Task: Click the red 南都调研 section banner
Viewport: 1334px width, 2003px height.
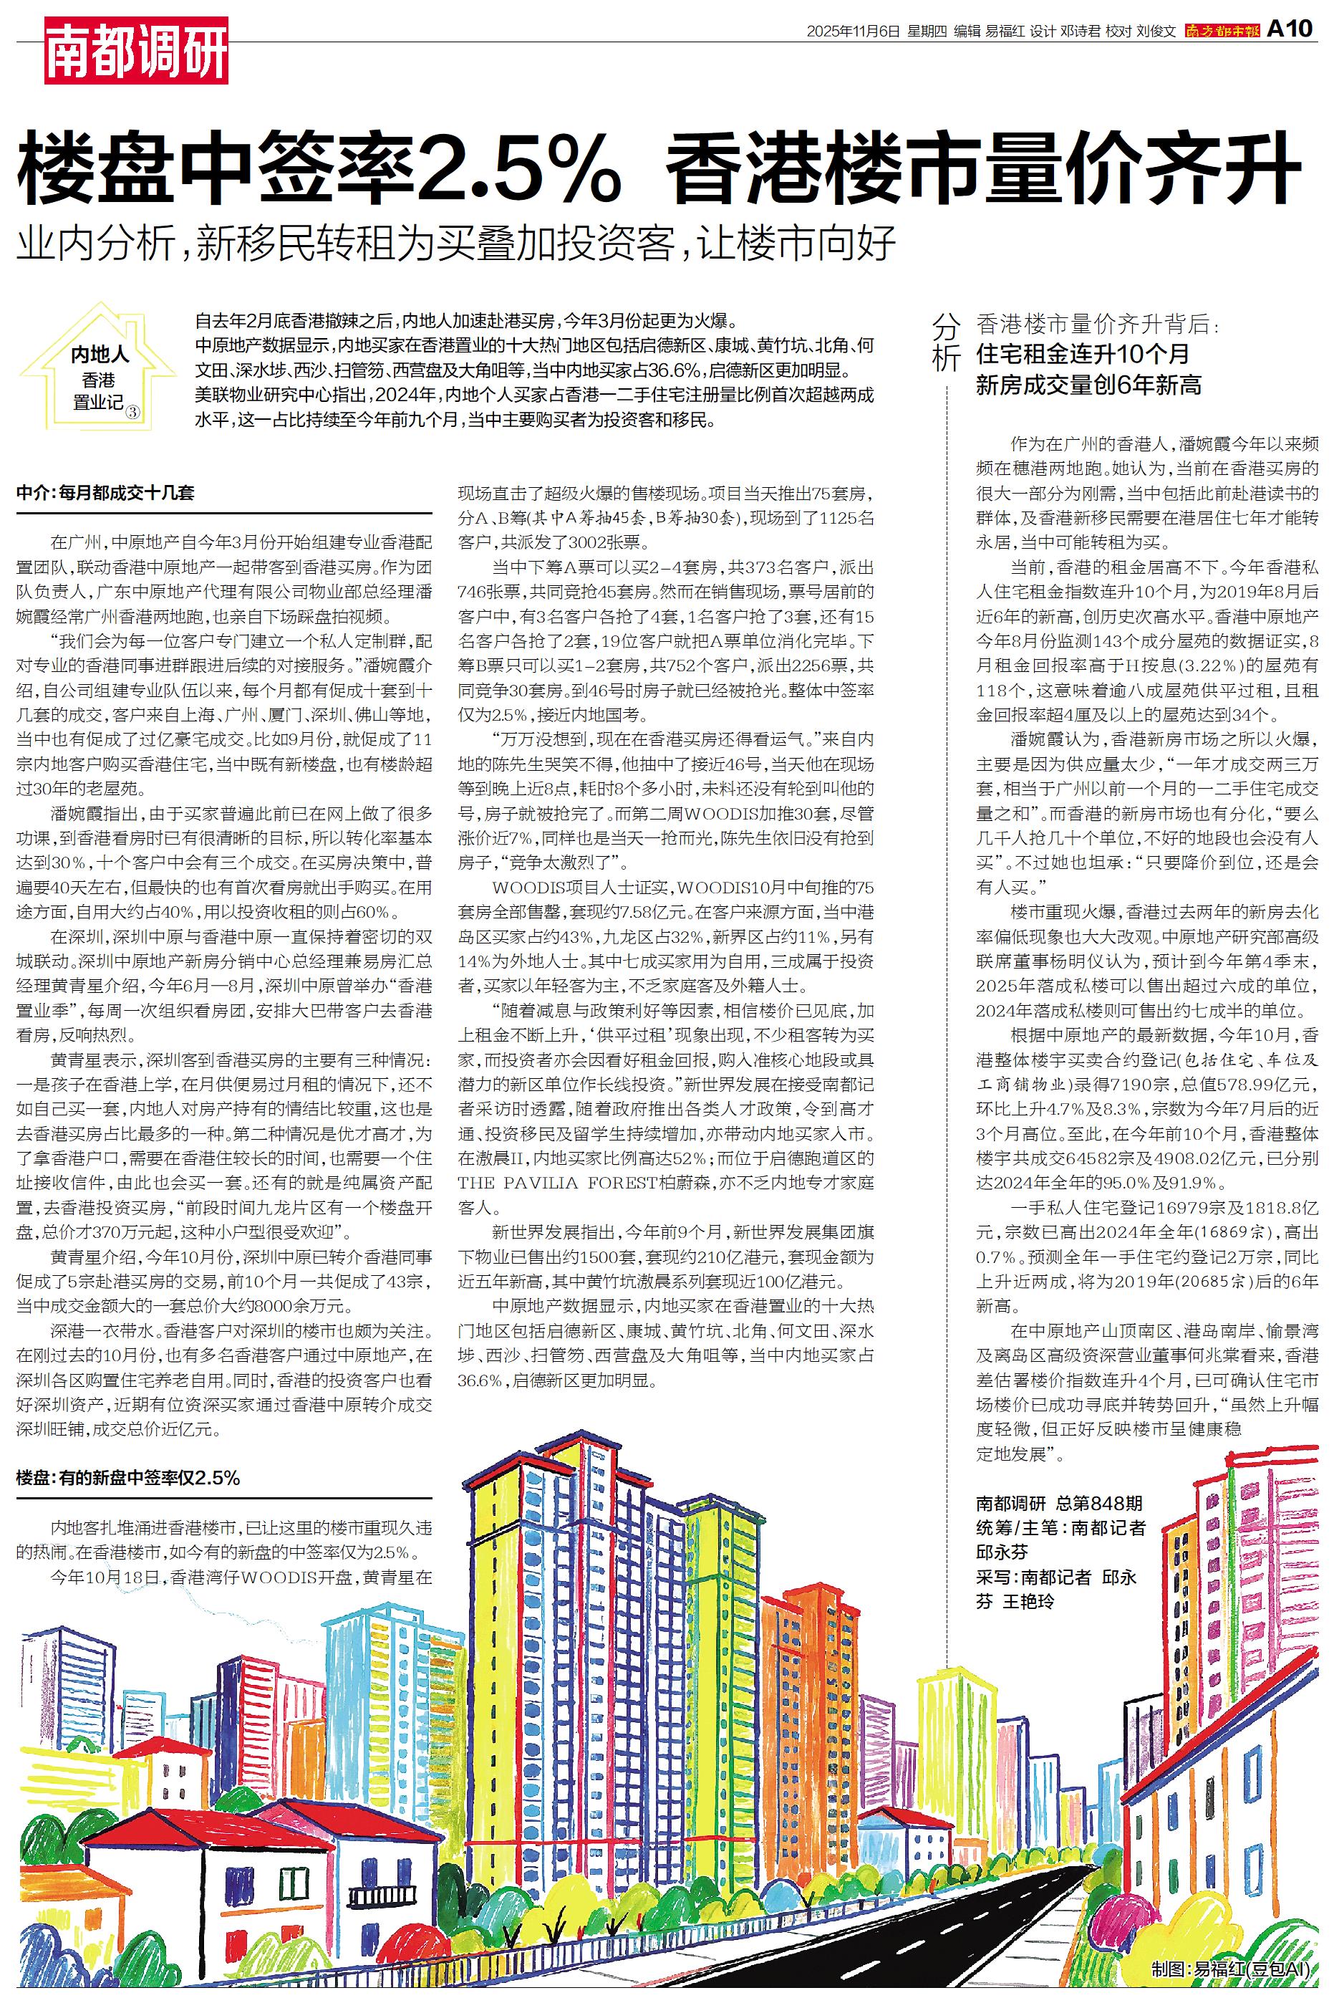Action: pos(136,51)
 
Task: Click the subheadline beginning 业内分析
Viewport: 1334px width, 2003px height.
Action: pos(457,244)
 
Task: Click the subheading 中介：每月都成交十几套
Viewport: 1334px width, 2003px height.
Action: pos(105,493)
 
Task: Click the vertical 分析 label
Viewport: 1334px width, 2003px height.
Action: pos(946,340)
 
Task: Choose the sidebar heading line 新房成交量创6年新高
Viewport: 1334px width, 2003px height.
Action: pos(1088,385)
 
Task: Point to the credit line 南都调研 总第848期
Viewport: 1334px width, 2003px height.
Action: pos(1059,1504)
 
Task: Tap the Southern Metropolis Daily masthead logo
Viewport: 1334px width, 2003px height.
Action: pos(1222,31)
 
